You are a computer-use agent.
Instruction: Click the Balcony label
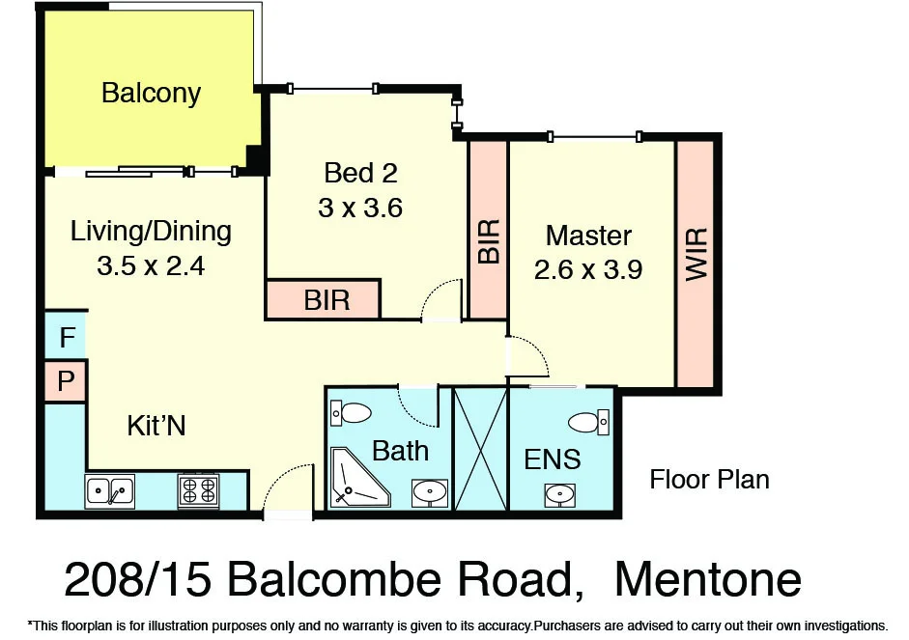pos(151,94)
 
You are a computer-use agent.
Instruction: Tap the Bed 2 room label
pos(360,173)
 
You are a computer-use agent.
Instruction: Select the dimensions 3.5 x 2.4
pos(151,265)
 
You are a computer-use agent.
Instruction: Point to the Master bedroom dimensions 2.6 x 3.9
pos(588,270)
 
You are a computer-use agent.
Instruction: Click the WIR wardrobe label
pos(696,255)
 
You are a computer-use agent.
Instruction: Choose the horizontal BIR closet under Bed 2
pos(326,300)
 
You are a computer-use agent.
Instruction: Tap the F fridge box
pos(66,338)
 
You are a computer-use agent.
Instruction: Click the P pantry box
pos(66,380)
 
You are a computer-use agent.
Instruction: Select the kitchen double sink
pos(110,491)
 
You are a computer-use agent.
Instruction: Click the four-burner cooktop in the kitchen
pos(198,490)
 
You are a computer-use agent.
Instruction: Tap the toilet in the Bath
pos(350,413)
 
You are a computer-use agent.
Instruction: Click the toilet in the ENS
pos(588,422)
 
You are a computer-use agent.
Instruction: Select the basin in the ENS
pos(560,495)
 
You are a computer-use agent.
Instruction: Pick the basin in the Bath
pos(430,492)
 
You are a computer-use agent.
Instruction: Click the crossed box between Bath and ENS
pos(480,449)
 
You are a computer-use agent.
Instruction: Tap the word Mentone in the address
pos(707,579)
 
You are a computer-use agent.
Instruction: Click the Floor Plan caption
pos(709,479)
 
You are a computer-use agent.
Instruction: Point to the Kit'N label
pos(156,426)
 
